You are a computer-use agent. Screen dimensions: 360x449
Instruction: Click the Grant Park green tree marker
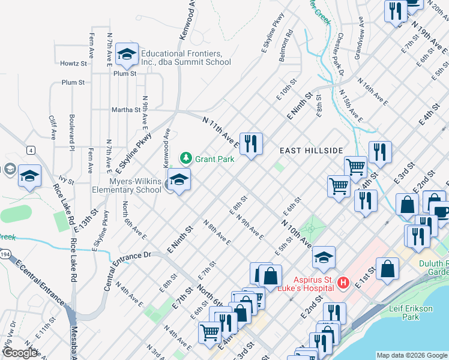tap(186, 158)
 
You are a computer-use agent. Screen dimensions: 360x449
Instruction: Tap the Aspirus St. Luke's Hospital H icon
tap(343, 281)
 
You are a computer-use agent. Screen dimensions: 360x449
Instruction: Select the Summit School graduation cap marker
tap(127, 56)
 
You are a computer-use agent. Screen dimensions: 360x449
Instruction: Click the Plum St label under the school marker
tap(125, 73)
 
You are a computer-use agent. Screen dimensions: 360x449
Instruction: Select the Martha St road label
tap(125, 110)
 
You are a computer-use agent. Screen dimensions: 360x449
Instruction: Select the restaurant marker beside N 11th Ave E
tap(251, 144)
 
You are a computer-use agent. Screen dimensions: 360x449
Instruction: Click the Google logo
tap(20, 353)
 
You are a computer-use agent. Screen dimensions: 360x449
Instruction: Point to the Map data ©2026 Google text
tap(411, 355)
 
